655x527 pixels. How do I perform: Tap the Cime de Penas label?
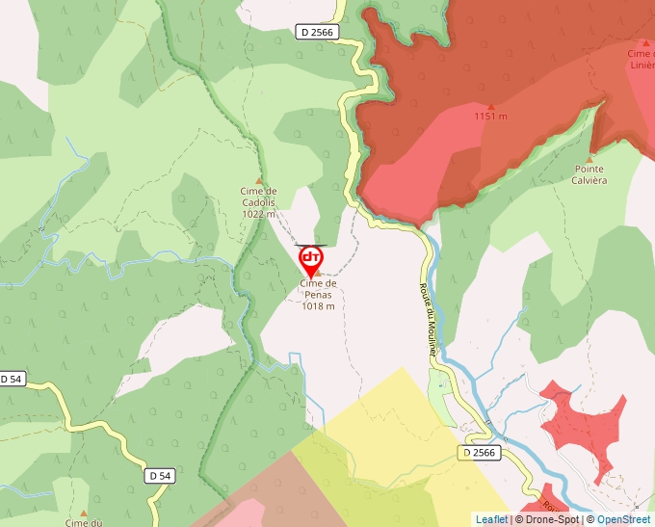318,289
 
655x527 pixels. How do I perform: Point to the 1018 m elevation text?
318,306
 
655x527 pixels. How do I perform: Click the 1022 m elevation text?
258,214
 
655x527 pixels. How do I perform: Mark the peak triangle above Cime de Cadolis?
258,180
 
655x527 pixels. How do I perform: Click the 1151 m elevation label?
490,117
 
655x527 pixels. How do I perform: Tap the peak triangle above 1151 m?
490,106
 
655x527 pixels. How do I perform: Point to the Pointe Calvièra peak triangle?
589,157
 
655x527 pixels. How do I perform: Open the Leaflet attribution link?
491,519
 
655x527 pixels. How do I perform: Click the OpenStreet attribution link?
623,519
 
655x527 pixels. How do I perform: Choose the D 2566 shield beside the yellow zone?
479,452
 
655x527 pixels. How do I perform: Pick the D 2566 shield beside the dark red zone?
316,32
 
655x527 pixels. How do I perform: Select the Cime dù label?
84,522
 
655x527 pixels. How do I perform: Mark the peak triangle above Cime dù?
84,512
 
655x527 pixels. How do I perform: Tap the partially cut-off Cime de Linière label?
641,60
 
